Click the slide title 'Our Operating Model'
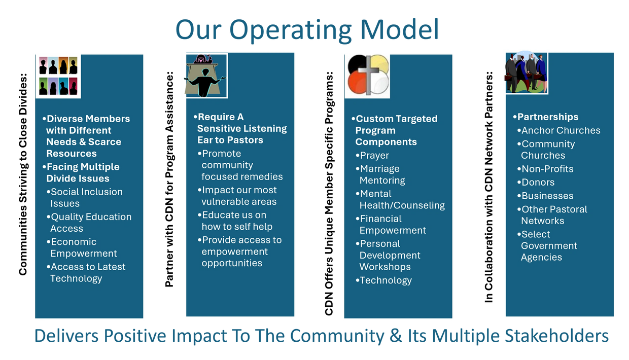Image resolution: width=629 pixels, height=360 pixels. pyautogui.click(x=307, y=30)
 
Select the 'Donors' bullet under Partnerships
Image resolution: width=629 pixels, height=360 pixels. pyautogui.click(x=536, y=183)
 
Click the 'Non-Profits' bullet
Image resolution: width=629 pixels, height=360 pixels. pyautogui.click(x=545, y=169)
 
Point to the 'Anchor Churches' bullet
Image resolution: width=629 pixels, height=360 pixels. pyautogui.click(x=559, y=130)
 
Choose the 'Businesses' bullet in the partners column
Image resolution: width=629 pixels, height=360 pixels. pyautogui.click(x=545, y=196)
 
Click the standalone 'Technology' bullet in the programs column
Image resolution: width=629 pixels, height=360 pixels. pyautogui.click(x=383, y=280)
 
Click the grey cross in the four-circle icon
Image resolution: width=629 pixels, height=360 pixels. pyautogui.click(x=368, y=75)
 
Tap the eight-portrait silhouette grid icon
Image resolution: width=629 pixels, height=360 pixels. pyautogui.click(x=58, y=76)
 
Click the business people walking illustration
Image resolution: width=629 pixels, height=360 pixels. pyautogui.click(x=527, y=73)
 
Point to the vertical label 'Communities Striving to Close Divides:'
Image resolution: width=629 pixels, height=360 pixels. pyautogui.click(x=23, y=174)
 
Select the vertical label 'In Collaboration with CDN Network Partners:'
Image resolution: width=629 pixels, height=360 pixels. pyautogui.click(x=489, y=187)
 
